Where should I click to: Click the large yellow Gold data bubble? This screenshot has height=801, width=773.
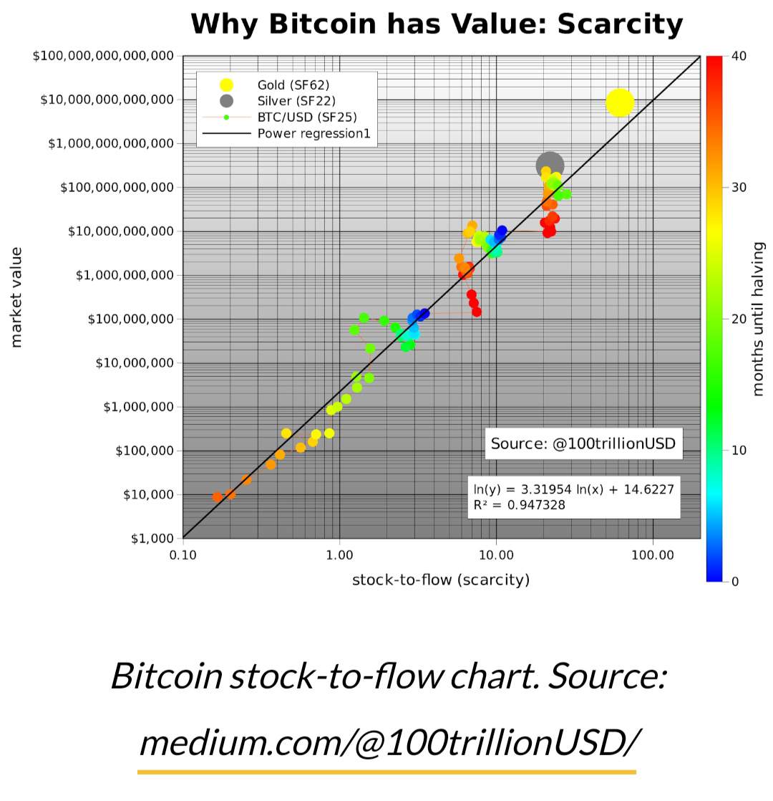[620, 102]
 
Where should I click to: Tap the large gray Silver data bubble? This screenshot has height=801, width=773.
[550, 166]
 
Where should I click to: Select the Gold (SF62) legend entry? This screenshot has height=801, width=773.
[293, 85]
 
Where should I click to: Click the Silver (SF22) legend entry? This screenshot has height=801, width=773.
[296, 101]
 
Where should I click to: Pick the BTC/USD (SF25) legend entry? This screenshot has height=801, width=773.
[306, 117]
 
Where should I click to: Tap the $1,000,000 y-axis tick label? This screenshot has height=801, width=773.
[139, 407]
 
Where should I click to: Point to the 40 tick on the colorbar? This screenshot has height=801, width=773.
[740, 56]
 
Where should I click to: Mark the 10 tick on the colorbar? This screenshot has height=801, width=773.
[740, 450]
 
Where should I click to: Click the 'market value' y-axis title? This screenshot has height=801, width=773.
[16, 297]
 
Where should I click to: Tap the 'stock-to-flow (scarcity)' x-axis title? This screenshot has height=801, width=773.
[441, 580]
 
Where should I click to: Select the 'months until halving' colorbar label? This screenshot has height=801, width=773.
[759, 319]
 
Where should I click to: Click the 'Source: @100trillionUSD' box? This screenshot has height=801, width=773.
[583, 443]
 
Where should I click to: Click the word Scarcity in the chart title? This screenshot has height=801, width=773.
[620, 24]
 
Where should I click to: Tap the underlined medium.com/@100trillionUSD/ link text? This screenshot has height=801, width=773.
[386, 742]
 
